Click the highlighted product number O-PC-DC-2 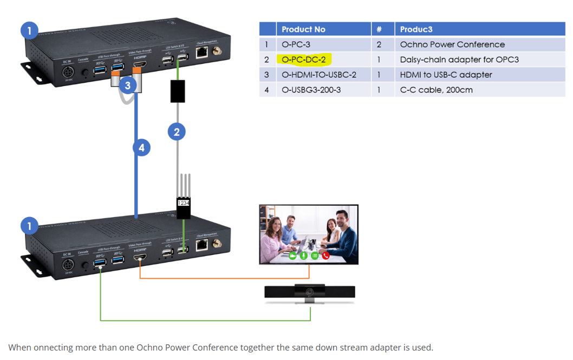(304, 60)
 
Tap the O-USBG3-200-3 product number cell (311, 90)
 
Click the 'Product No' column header (303, 29)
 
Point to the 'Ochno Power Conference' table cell (452, 44)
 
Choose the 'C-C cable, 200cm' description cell (436, 90)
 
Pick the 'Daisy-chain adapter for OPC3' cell (459, 60)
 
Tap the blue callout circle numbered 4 (141, 147)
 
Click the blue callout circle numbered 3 (127, 85)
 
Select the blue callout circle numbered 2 (177, 131)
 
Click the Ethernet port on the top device (202, 53)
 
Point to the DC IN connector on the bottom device (68, 265)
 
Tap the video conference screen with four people (309, 234)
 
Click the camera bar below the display (310, 292)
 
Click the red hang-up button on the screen (326, 256)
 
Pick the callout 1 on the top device (29, 30)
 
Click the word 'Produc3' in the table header (416, 29)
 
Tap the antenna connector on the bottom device (217, 244)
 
